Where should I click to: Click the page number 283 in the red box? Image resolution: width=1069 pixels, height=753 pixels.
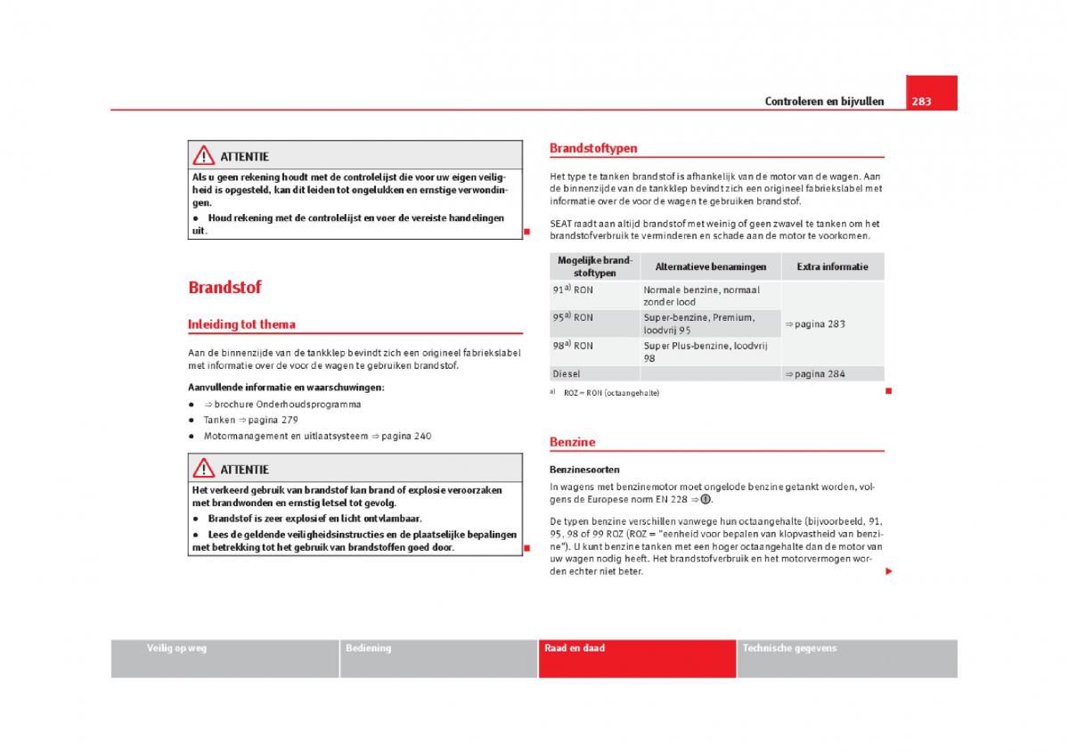click(x=921, y=102)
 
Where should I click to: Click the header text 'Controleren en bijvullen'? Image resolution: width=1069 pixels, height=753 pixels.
click(x=824, y=102)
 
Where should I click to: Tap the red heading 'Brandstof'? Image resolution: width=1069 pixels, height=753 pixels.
click(x=224, y=287)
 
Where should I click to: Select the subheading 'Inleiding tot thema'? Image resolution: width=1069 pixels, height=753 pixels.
click(x=241, y=324)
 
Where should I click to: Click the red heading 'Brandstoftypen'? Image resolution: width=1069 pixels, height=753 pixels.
click(x=593, y=148)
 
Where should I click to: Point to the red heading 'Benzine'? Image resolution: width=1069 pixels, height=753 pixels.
click(x=572, y=441)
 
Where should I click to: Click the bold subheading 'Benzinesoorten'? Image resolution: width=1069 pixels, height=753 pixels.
click(x=584, y=469)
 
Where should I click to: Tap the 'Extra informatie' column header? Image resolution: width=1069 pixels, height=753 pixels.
click(x=832, y=266)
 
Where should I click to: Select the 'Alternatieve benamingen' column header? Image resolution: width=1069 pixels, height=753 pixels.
click(x=710, y=266)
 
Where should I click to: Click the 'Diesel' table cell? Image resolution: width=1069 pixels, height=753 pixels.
click(x=566, y=374)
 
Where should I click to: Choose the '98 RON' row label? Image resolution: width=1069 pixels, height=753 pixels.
click(x=572, y=346)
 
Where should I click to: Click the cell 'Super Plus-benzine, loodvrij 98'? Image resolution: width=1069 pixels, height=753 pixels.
click(x=705, y=351)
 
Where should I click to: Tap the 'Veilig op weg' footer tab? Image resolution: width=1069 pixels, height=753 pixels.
click(x=176, y=648)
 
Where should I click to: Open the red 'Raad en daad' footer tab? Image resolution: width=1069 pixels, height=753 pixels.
click(x=575, y=648)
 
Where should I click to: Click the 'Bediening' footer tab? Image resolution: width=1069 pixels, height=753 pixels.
click(x=368, y=648)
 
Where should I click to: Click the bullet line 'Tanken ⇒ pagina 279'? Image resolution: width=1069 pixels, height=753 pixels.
click(x=250, y=420)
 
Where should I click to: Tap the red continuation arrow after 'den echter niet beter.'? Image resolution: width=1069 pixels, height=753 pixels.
click(x=887, y=571)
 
